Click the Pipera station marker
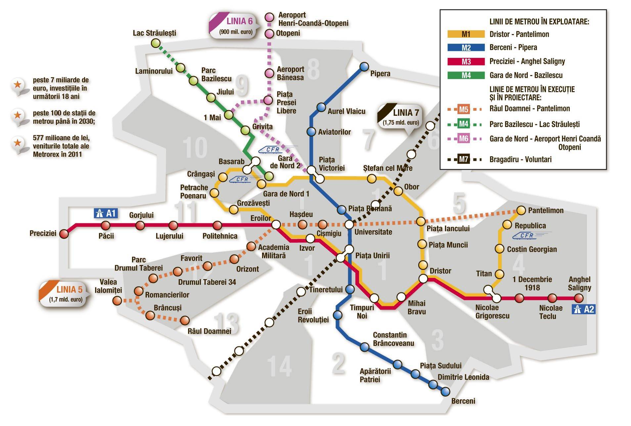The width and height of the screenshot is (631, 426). coord(364,67)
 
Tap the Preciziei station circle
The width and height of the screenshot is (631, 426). coord(64,234)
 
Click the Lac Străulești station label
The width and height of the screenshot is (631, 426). coord(154,33)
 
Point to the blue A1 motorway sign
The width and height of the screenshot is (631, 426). coord(106,213)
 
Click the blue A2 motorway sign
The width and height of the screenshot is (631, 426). coord(584,309)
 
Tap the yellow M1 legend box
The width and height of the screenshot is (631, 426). coord(466,34)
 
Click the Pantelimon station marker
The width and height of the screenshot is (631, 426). coord(521,210)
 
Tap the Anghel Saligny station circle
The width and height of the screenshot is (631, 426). coord(579,298)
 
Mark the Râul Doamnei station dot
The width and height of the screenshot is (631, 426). coord(185,320)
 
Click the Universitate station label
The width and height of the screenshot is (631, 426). coord(373,232)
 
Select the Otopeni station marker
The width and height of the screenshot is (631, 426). coord(270,33)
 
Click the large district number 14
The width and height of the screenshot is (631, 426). coord(280,366)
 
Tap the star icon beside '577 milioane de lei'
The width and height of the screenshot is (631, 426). coord(17,143)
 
